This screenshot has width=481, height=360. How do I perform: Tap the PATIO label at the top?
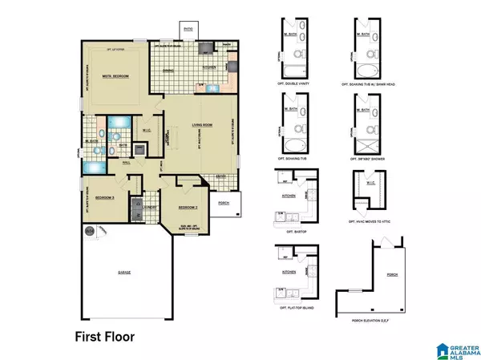point(188,30)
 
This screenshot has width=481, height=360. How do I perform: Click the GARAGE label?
point(126,273)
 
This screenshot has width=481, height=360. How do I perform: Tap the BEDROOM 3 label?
point(104,196)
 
